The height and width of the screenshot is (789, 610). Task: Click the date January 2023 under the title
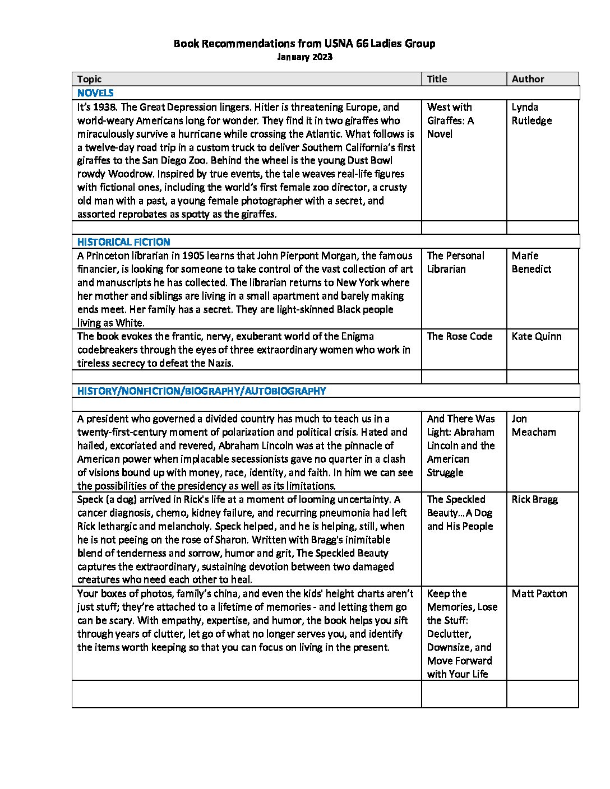point(304,57)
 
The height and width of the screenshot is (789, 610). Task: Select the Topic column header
point(90,79)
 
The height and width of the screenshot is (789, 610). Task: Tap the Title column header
point(437,79)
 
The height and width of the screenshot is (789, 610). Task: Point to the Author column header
point(528,79)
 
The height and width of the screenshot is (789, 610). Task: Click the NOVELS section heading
point(95,93)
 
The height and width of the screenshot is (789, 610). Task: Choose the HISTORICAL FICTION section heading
point(123,242)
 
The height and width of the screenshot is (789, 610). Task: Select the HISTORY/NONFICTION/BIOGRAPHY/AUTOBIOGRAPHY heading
point(201,391)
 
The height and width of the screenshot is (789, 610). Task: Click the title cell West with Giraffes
point(450,120)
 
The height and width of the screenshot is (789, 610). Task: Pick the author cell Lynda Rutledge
point(531,114)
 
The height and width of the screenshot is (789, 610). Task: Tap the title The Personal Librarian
point(455,262)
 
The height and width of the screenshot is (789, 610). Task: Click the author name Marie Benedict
point(531,262)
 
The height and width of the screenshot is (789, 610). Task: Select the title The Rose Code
point(459,336)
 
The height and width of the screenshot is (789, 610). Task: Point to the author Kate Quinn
point(536,336)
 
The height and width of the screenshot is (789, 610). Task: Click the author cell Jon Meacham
point(533,425)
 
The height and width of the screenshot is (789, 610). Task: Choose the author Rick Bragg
point(534,499)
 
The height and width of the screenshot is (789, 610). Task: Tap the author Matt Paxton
point(539,593)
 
